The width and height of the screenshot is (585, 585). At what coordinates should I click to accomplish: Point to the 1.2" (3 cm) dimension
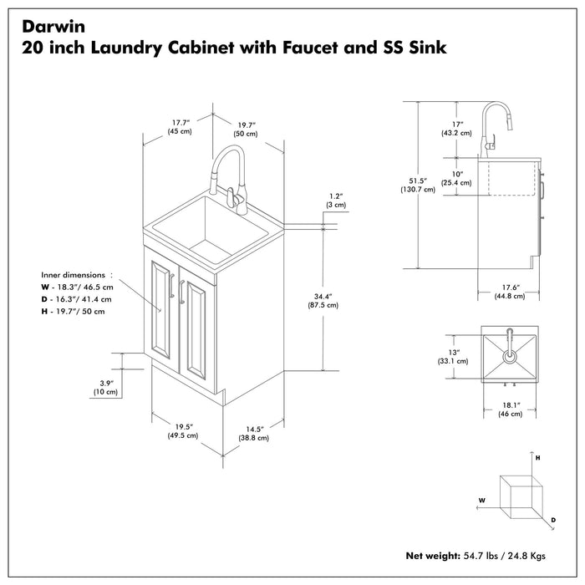(335, 200)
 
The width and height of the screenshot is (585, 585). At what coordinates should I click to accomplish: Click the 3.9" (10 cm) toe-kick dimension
(104, 387)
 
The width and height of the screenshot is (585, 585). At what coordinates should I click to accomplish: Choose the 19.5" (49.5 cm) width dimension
(181, 430)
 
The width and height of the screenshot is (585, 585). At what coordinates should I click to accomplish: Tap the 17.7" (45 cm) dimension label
(180, 126)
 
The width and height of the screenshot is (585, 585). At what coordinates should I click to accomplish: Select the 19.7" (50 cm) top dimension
(245, 128)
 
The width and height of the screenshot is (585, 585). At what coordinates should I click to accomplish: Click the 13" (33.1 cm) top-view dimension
(452, 357)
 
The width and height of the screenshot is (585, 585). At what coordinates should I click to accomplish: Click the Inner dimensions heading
(74, 274)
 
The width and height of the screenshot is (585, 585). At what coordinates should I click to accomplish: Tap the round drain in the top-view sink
(508, 354)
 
